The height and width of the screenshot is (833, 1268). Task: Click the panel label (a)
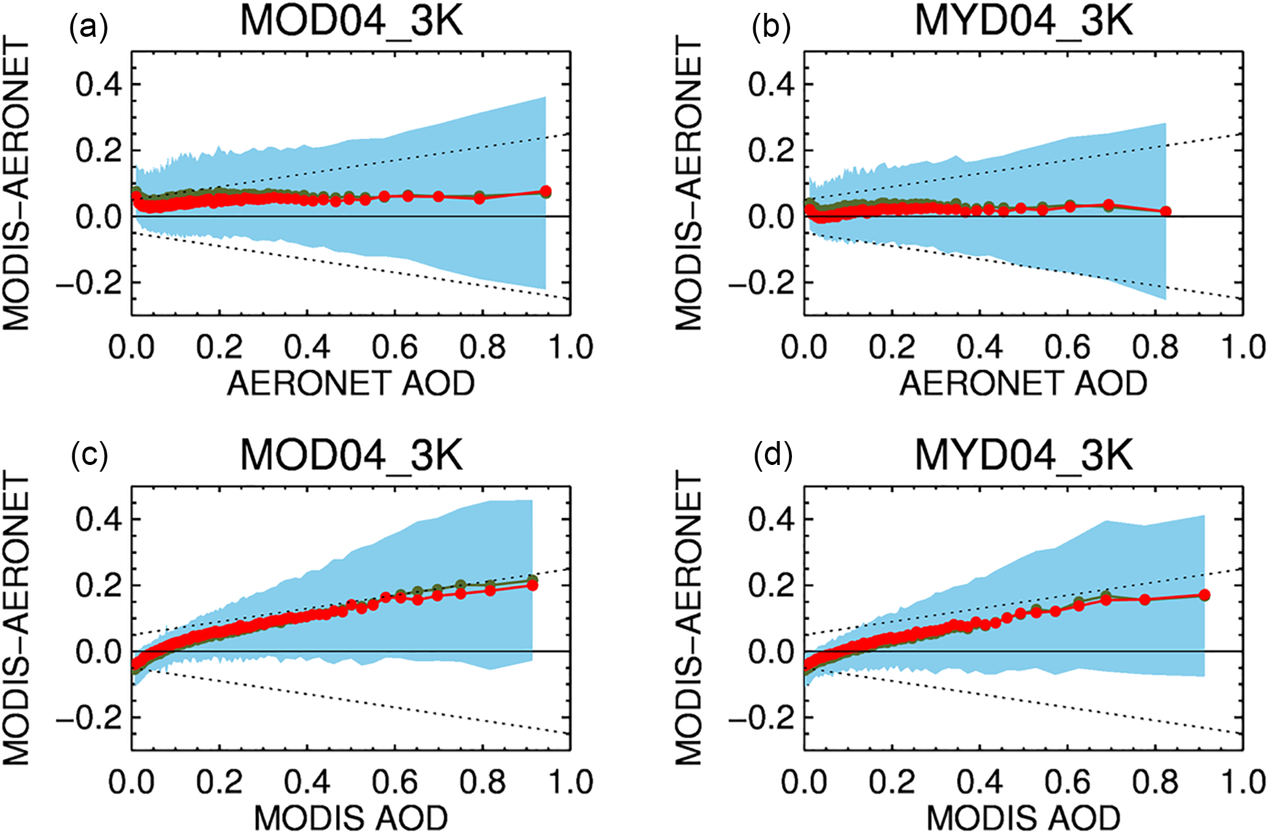point(88,28)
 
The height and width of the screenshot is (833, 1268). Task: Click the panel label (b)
point(770,28)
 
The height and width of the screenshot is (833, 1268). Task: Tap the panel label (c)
point(89,455)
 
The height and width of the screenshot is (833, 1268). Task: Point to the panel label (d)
point(773,455)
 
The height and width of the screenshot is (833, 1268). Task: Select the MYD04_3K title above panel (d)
point(1023,456)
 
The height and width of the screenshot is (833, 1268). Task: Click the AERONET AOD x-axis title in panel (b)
point(1023,383)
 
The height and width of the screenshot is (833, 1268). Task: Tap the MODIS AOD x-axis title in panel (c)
point(351,818)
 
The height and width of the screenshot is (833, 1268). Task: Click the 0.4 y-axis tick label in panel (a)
point(99,84)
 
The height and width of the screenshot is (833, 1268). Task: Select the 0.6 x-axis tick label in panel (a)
point(394,347)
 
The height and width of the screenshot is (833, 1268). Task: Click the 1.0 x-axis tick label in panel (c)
point(571,782)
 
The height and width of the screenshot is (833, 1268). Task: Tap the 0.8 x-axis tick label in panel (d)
point(1155,782)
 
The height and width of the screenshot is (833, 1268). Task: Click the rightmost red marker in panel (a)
point(545,191)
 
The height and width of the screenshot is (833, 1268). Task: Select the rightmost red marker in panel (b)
point(1166,212)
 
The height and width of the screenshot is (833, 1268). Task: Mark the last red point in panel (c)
point(532,585)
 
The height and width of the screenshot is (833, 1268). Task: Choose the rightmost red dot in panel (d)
point(1204,595)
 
